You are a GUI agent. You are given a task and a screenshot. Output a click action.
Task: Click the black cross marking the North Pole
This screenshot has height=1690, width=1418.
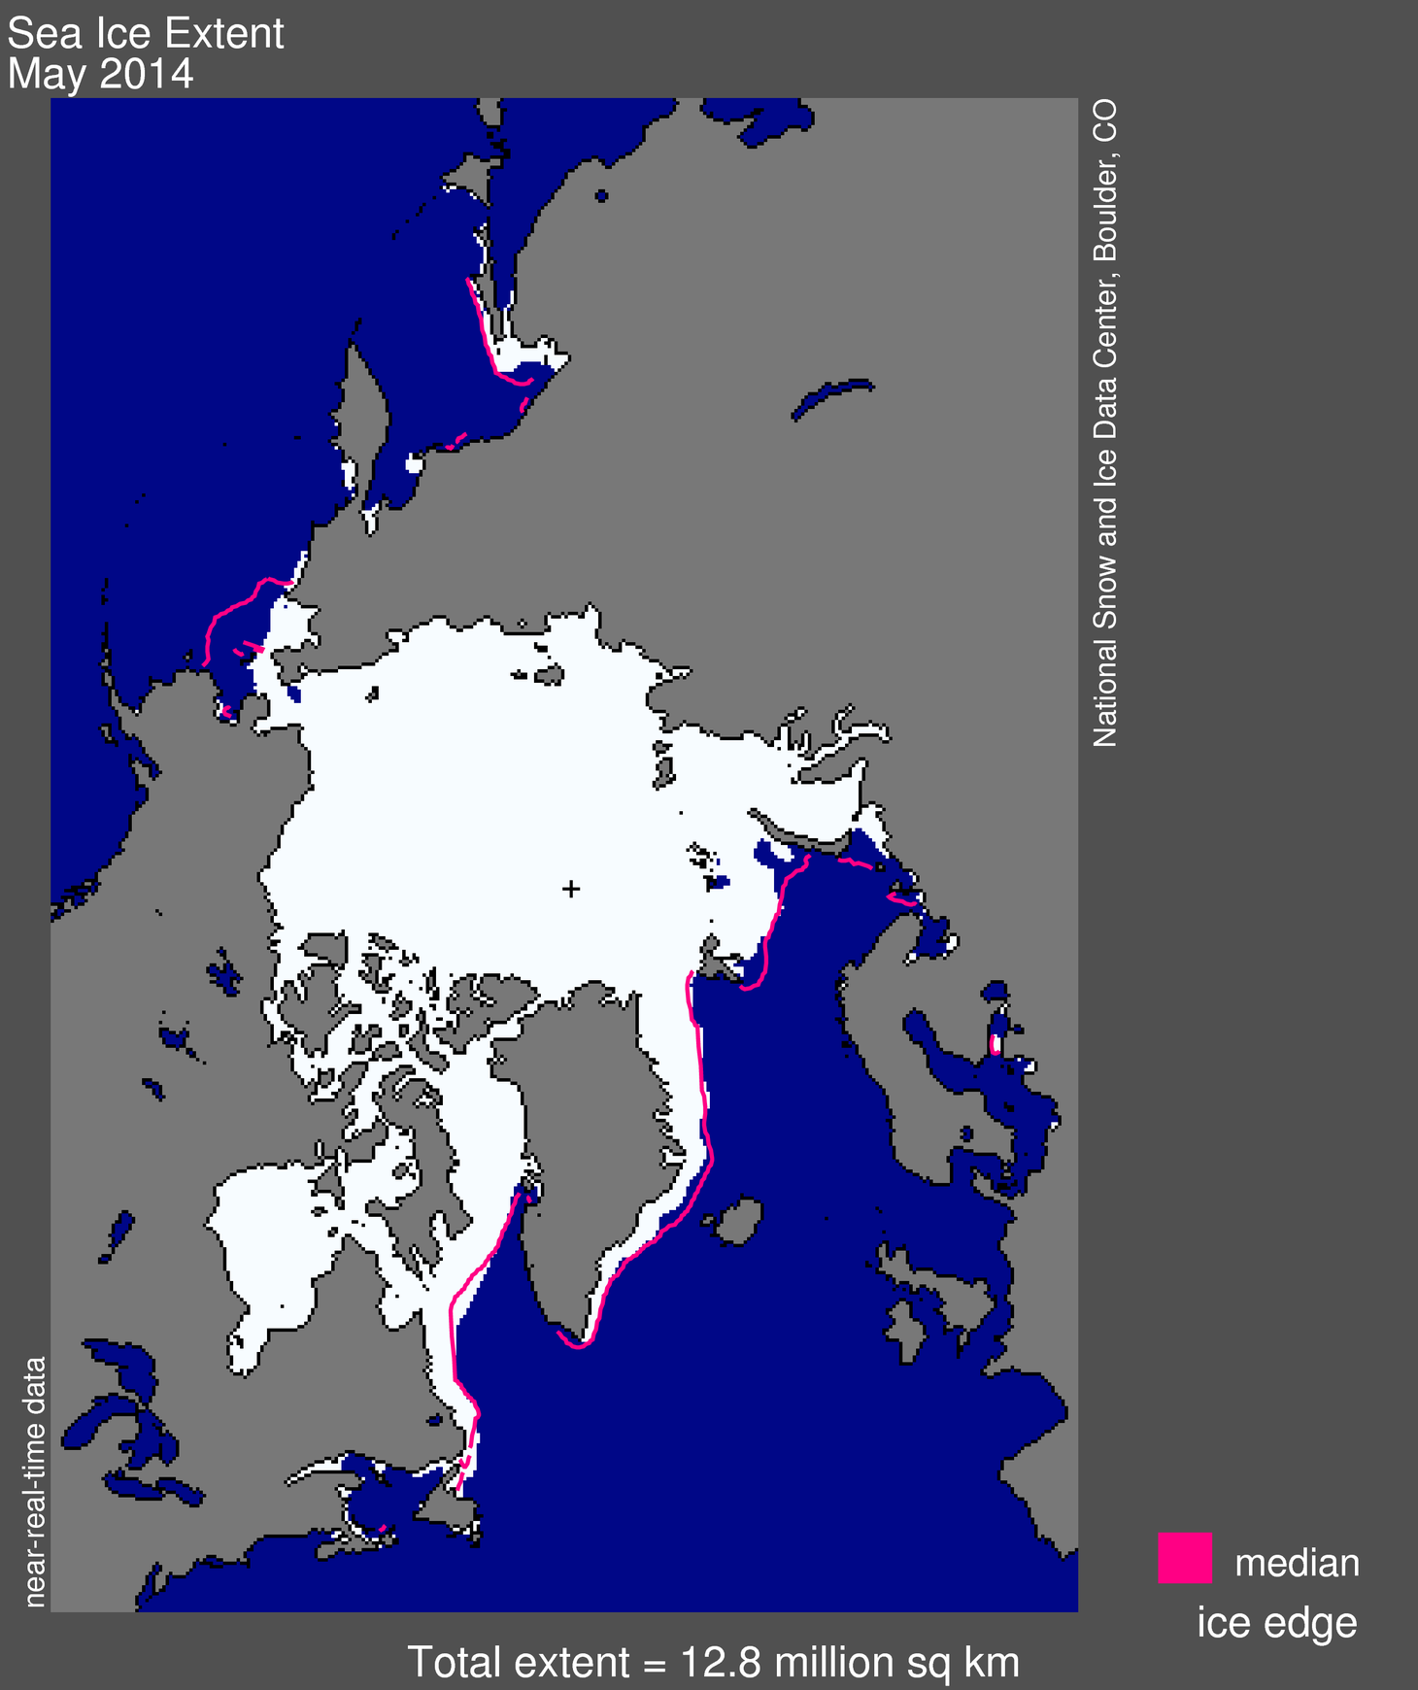pos(571,888)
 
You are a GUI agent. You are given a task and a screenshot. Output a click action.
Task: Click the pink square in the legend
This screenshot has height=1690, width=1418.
pos(1184,1557)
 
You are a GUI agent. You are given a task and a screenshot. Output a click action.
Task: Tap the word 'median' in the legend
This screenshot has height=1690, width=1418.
pos(1297,1563)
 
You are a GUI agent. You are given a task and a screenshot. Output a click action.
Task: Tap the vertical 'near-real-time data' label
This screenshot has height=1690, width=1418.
pos(35,1481)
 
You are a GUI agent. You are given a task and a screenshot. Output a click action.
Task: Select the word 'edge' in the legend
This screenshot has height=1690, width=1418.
pos(1316,1623)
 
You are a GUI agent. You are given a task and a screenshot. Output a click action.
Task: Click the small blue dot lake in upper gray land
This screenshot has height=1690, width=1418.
pos(601,196)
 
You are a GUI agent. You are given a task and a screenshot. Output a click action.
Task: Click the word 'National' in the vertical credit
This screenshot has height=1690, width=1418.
pos(1105,691)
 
